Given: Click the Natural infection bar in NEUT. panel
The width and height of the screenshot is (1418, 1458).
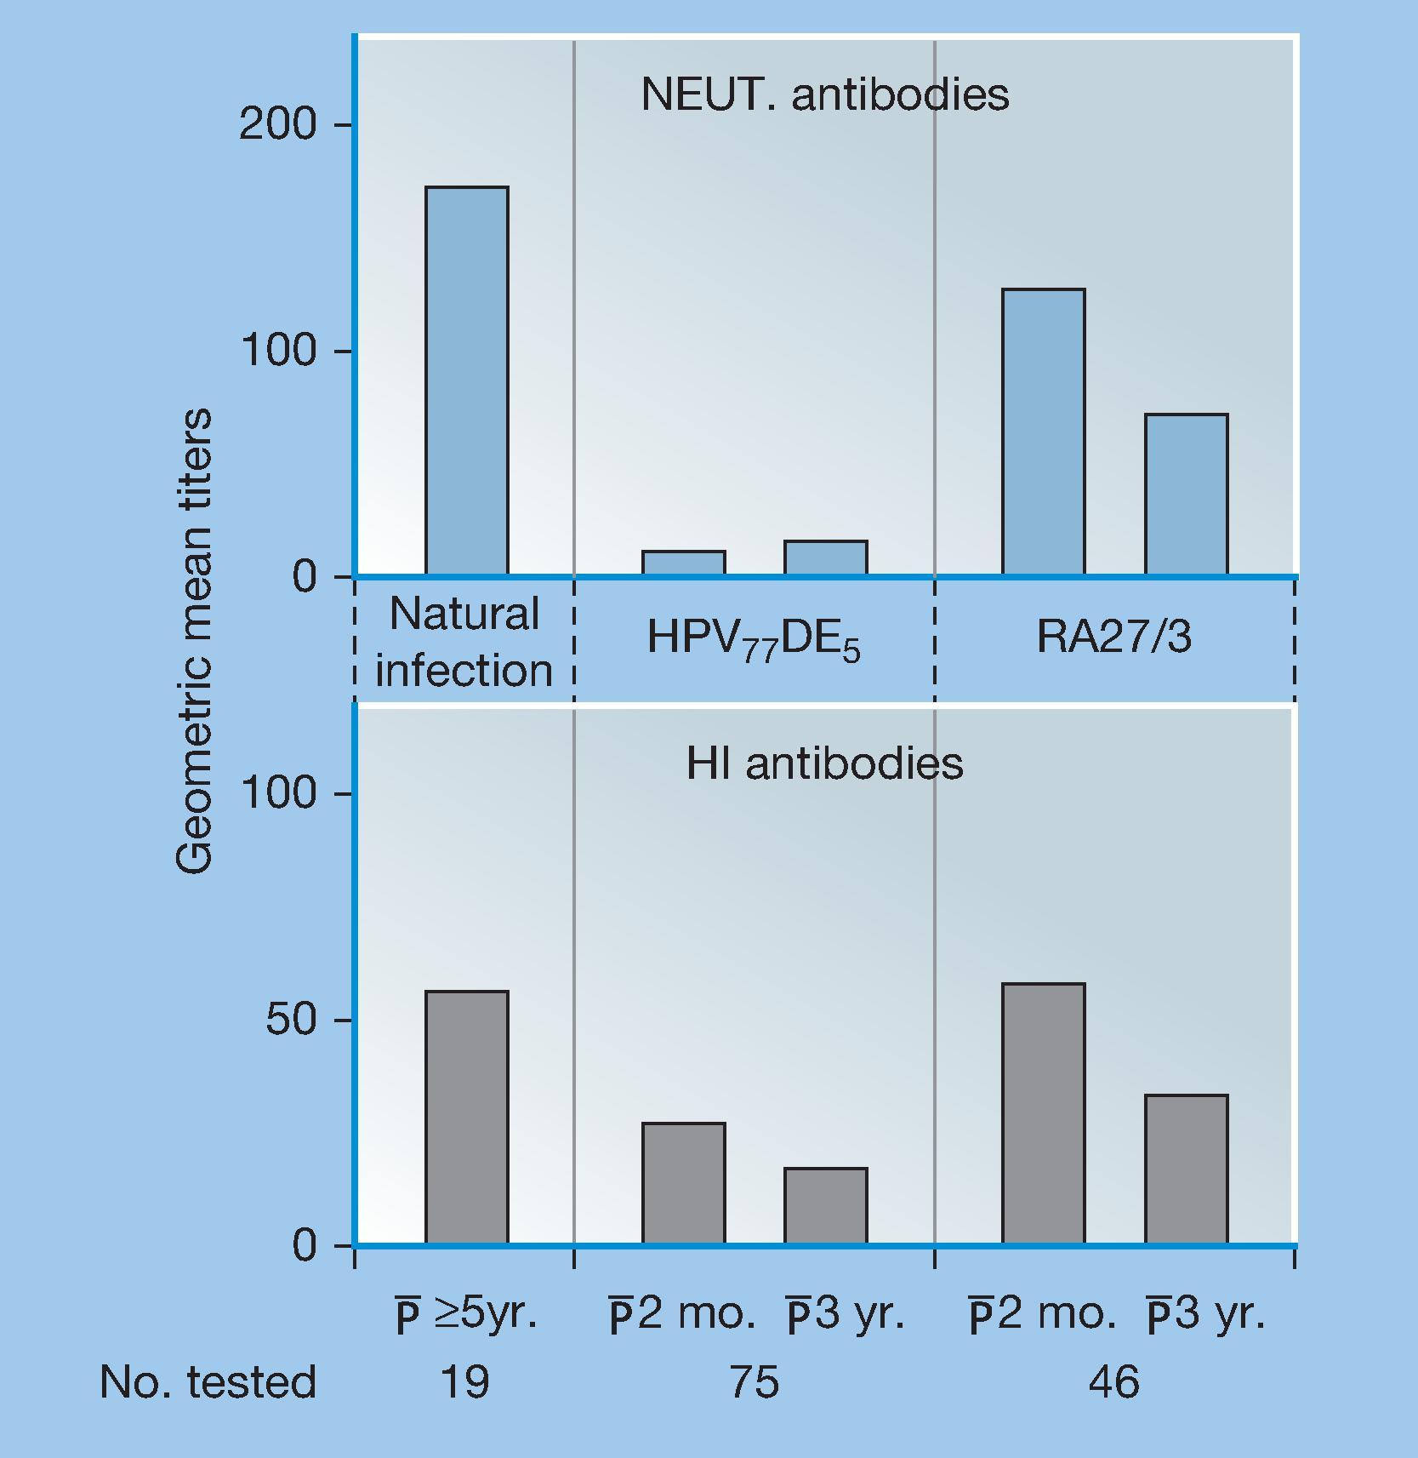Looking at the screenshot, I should tap(467, 380).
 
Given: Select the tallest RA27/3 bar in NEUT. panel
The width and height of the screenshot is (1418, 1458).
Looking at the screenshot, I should tap(1043, 432).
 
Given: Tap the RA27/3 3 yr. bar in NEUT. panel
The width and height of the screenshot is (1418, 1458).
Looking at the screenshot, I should tap(1186, 494).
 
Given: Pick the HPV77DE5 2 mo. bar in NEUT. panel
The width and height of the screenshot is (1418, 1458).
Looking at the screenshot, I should tap(683, 563).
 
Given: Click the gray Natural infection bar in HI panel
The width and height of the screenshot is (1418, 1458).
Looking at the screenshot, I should tap(467, 1117).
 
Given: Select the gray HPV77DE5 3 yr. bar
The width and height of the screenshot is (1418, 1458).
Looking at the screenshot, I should tap(825, 1205).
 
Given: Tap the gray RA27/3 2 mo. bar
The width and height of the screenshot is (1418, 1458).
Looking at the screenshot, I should tap(1043, 1113).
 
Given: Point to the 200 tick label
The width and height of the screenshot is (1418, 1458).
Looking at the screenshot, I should tap(277, 125).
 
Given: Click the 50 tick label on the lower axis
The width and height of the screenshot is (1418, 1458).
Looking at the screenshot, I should tap(290, 1020).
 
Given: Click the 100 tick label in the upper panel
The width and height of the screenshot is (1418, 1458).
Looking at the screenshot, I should tap(277, 351).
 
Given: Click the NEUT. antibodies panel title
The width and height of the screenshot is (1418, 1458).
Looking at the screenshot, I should tap(824, 94).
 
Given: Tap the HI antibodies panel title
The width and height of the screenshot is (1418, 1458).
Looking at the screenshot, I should tap(824, 763).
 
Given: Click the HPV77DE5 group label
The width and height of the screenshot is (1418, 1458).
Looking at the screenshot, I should tap(754, 638).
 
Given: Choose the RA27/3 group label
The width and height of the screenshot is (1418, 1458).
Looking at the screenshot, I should tap(1113, 636).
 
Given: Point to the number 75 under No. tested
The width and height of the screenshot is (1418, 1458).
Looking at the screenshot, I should tap(754, 1382).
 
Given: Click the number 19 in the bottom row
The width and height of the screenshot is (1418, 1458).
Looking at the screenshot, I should tap(464, 1382).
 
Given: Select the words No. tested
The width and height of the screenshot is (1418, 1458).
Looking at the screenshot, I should tap(208, 1382).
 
